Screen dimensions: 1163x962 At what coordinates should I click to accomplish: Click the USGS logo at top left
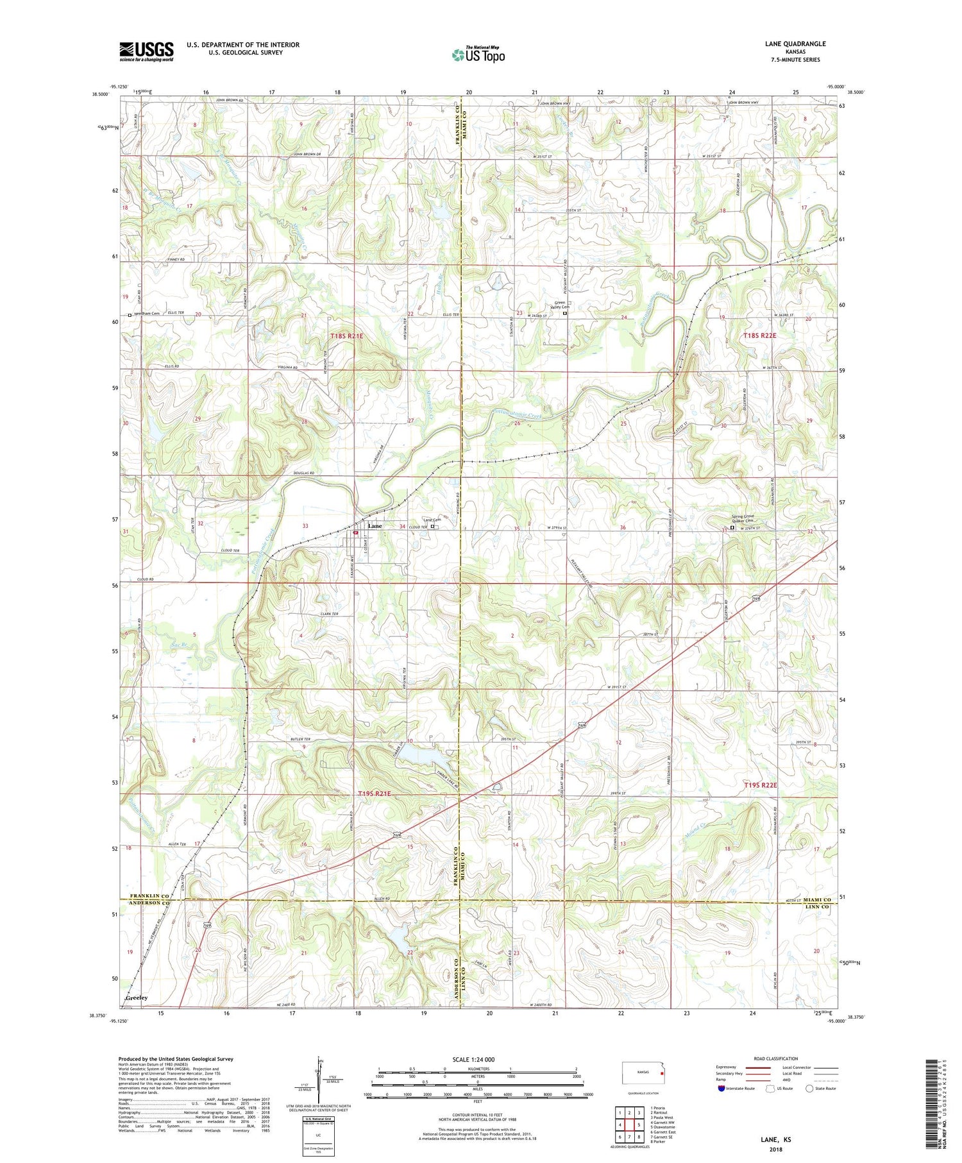click(146, 51)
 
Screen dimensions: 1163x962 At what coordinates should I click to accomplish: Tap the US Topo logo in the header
click(478, 55)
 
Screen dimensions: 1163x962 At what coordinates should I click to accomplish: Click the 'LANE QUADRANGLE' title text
click(795, 44)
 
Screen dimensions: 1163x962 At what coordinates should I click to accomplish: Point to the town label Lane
click(375, 526)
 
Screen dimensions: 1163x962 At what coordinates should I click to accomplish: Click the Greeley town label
click(137, 997)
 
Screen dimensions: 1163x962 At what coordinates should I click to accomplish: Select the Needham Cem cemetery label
click(146, 314)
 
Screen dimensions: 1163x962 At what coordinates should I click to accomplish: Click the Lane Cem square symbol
click(432, 527)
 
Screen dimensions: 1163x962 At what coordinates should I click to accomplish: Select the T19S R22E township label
click(760, 785)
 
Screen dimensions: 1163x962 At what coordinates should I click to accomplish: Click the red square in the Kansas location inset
click(662, 1071)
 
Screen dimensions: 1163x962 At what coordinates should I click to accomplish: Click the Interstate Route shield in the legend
click(722, 1089)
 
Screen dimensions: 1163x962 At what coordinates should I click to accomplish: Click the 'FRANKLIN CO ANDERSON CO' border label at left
click(149, 899)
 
